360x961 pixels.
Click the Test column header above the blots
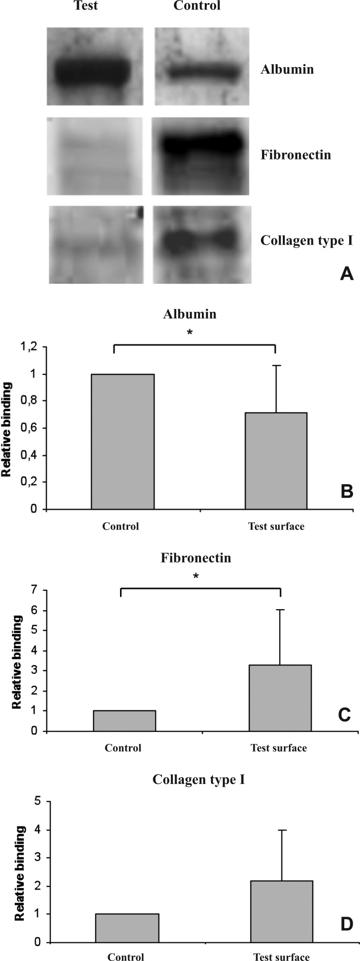click(86, 6)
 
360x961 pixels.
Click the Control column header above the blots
click(197, 6)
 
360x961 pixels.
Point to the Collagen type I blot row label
click(306, 240)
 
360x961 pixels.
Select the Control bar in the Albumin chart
click(122, 441)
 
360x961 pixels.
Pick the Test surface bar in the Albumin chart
click(276, 460)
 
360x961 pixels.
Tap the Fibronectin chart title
click(196, 558)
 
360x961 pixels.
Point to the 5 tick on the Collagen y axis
click(37, 802)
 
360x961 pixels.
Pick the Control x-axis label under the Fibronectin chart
click(123, 748)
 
